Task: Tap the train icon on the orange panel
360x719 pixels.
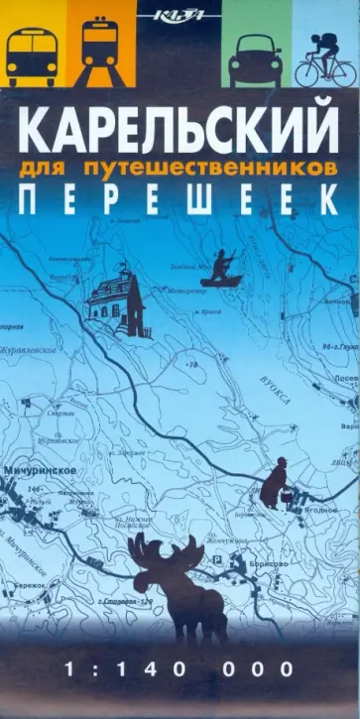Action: tap(99, 49)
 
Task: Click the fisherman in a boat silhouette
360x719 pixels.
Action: tap(220, 270)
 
